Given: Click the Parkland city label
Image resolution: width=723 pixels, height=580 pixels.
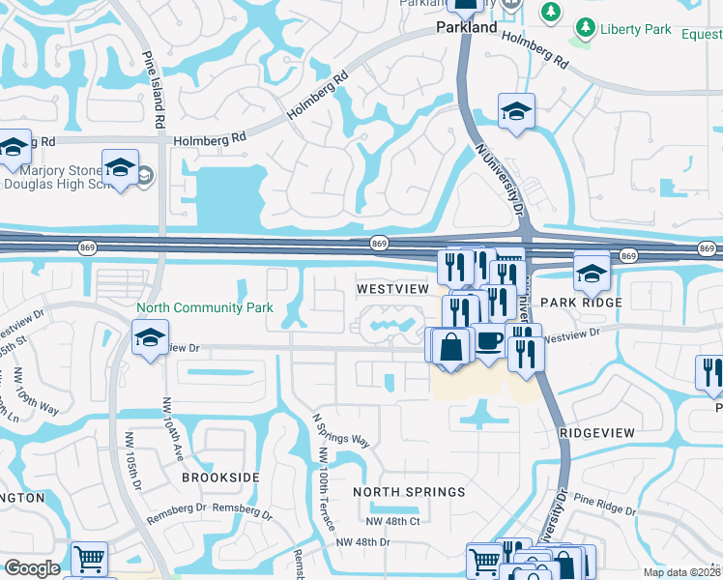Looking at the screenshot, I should (465, 28).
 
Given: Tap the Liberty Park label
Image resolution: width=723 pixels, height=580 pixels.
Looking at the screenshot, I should (635, 29).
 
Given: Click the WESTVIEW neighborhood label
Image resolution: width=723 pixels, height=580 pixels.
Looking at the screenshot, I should (392, 289).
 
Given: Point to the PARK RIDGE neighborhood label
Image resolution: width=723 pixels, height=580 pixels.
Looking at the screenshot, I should (577, 302).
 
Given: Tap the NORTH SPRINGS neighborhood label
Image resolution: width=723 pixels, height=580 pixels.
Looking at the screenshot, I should (409, 492).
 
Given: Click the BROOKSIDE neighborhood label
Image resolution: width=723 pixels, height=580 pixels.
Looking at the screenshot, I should (221, 478).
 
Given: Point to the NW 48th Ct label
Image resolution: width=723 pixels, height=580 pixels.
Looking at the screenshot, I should (392, 521).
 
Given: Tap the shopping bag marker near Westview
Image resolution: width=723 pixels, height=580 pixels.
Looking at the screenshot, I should (451, 346).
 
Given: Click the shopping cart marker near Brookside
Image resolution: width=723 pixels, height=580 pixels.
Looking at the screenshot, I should (89, 558).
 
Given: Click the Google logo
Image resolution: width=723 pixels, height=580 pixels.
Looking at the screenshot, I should (32, 568).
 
